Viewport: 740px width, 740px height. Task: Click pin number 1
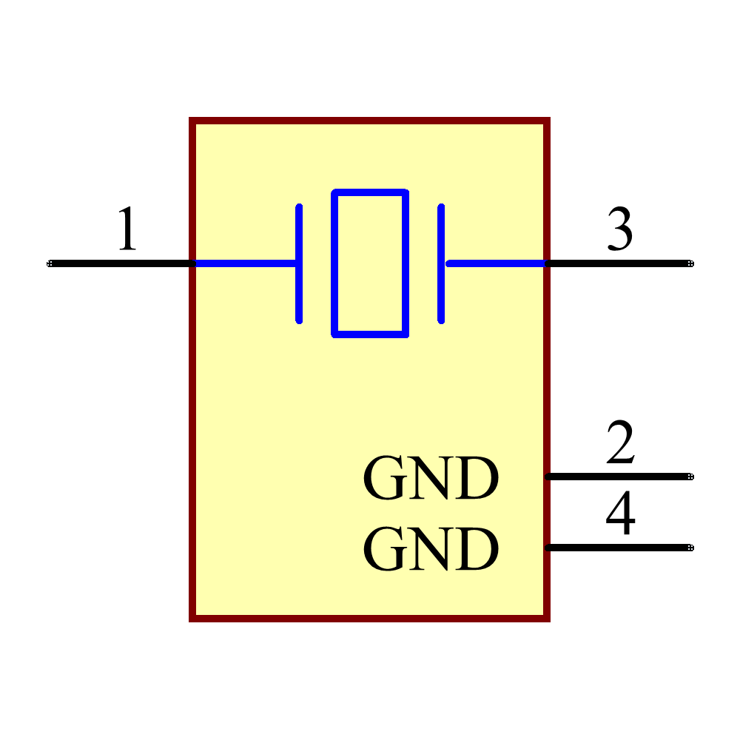[x=127, y=229]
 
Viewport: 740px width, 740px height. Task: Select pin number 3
[x=619, y=229]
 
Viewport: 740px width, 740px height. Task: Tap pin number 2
[x=620, y=442]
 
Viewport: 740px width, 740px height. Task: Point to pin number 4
[x=620, y=513]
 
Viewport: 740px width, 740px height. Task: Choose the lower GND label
[x=431, y=549]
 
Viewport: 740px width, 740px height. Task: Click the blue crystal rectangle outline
[x=334, y=263]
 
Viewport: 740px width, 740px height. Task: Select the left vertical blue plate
[x=299, y=263]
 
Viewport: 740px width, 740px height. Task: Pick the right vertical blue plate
[x=441, y=263]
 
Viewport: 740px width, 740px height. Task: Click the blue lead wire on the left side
[x=244, y=263]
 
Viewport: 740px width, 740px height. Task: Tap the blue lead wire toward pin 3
[x=496, y=263]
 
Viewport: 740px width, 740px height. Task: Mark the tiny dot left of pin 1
[x=50, y=263]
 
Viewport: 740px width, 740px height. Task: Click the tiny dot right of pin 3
[x=690, y=263]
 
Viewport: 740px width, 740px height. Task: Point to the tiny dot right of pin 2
[x=690, y=477]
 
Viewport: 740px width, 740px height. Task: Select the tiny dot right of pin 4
[x=690, y=548]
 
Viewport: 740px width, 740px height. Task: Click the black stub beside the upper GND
[x=548, y=477]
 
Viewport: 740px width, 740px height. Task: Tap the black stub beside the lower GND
[x=548, y=548]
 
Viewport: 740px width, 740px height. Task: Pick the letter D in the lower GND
[x=478, y=549]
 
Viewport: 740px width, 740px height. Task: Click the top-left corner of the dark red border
[x=192, y=121]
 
